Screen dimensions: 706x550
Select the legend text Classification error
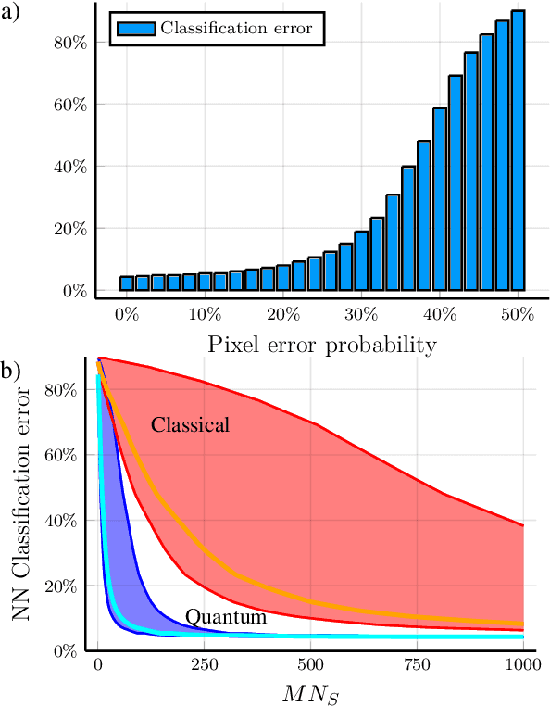click(236, 28)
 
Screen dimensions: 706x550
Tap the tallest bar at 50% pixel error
click(518, 150)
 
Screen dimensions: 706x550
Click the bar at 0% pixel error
click(127, 283)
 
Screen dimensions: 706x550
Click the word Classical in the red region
click(190, 425)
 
